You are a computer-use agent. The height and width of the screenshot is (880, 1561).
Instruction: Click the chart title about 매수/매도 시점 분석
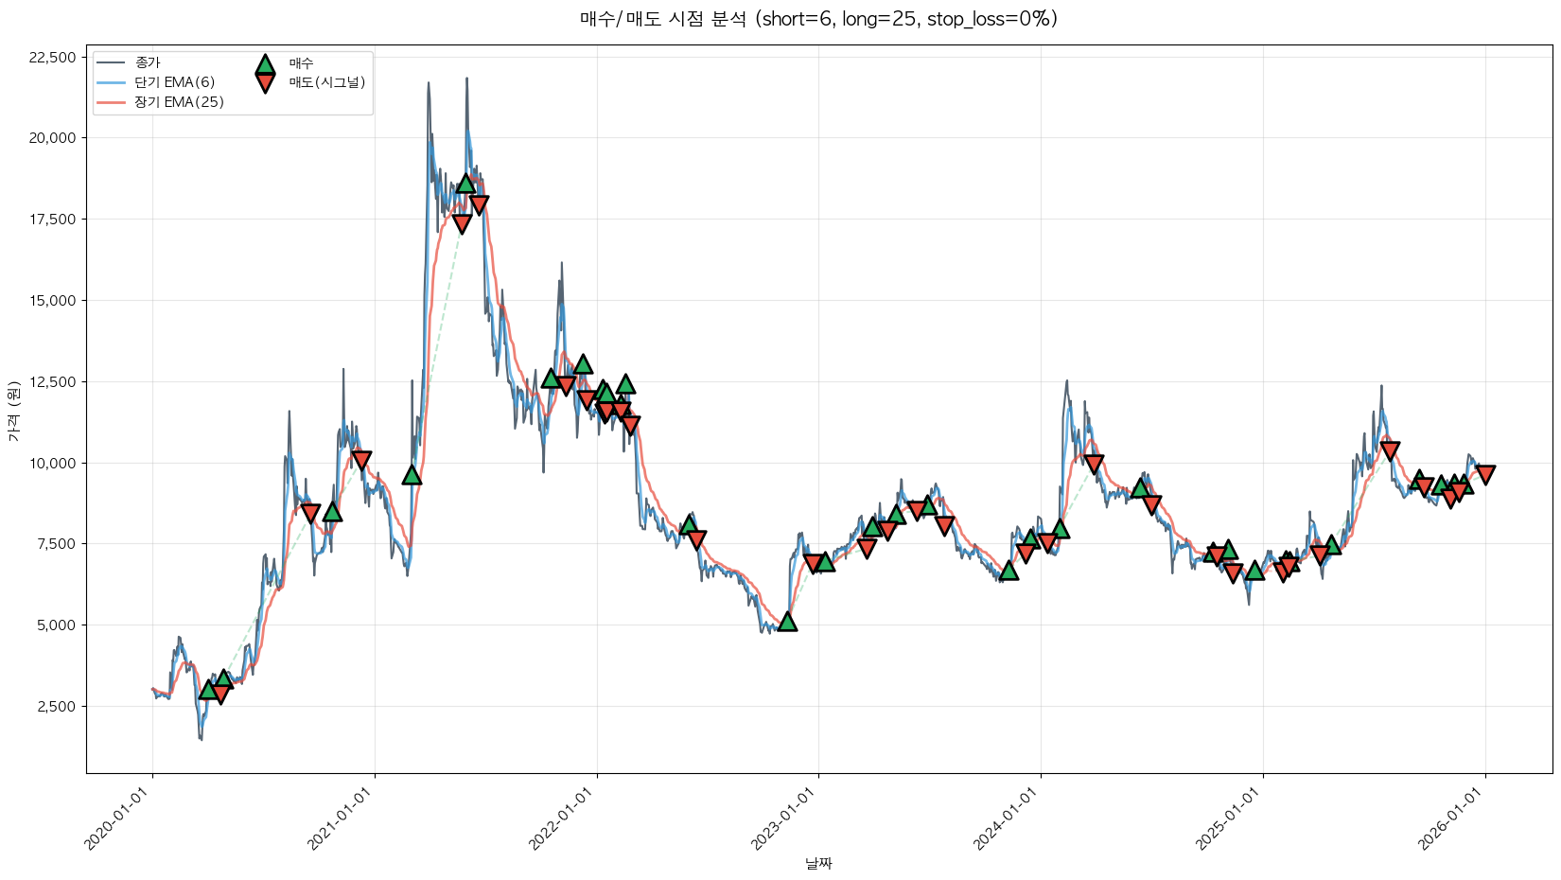818,19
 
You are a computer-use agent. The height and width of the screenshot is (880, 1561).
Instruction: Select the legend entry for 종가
148,62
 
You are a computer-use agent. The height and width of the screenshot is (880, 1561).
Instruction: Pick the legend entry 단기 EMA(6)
174,82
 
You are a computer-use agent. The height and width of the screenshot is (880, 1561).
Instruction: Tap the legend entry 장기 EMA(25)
179,102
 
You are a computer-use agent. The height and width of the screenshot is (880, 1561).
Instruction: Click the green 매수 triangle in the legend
265,64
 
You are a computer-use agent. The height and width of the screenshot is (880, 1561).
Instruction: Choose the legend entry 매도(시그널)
326,82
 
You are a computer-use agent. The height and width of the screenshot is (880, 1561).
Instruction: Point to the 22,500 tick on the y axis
53,58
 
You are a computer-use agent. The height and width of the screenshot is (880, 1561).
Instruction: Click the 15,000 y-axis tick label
53,301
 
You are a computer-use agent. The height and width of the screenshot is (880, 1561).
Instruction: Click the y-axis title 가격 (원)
13,412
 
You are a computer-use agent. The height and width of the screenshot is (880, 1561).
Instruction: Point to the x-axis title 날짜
818,863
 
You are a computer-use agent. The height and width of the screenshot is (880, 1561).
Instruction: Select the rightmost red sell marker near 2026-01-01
1485,474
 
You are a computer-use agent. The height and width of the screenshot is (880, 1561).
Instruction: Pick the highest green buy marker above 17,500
465,183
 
